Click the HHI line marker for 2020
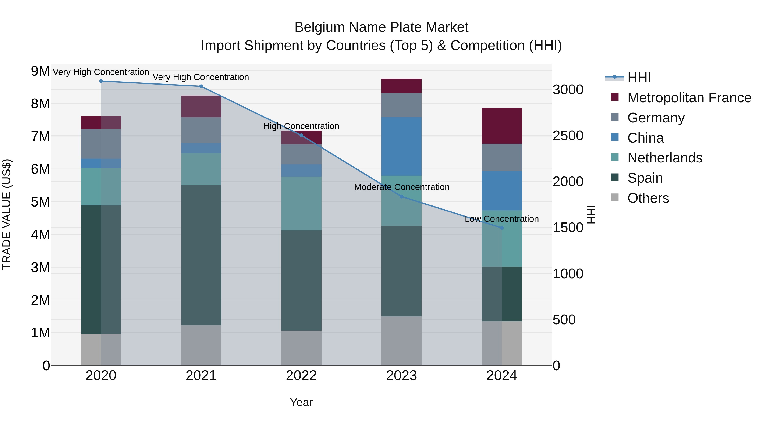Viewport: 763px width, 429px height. point(101,81)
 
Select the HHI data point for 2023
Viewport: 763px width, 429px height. point(402,197)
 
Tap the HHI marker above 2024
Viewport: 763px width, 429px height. point(502,228)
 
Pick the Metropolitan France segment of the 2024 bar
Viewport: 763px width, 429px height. point(502,126)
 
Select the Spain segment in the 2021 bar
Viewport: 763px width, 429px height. point(201,255)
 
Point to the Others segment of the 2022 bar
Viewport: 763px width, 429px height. point(301,348)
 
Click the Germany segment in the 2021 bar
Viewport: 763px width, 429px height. point(201,130)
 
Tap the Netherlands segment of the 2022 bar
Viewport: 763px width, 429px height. point(301,204)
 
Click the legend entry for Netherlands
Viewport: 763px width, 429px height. point(665,158)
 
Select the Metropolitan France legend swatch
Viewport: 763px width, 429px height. point(615,97)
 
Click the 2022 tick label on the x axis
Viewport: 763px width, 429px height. point(301,376)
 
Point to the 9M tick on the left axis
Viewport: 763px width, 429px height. point(40,71)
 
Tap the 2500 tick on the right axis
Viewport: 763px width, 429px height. point(568,136)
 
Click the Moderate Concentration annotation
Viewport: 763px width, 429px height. point(402,187)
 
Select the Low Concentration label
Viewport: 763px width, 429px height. point(501,219)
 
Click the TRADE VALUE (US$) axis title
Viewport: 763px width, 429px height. point(7,214)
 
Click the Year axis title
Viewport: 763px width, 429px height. point(301,402)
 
